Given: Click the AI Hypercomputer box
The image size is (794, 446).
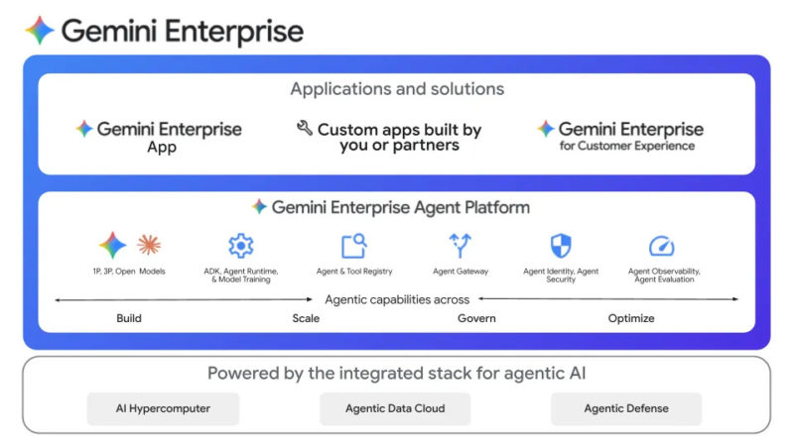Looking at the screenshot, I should [163, 408].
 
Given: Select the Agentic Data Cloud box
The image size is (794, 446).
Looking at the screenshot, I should [395, 408].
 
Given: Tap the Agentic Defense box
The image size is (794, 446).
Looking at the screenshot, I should [626, 408].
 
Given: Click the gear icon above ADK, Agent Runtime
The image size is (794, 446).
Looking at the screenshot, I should [240, 246].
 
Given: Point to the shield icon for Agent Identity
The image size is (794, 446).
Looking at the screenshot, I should [561, 246].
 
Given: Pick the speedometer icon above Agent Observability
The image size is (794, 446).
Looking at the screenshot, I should [661, 246].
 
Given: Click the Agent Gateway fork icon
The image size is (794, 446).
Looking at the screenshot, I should [461, 246].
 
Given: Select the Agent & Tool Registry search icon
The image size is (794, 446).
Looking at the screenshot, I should [353, 246].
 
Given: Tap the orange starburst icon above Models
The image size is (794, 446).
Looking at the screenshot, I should [149, 245].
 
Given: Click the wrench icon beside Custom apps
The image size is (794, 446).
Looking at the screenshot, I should [305, 129].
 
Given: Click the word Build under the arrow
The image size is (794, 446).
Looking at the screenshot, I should [129, 318].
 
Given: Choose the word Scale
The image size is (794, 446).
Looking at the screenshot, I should [306, 318].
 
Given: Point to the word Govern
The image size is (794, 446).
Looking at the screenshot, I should [476, 318].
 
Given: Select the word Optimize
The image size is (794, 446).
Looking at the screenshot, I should [631, 318].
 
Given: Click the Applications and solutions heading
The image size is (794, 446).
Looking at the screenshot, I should [397, 89].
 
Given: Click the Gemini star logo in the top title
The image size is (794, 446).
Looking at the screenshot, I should [40, 31].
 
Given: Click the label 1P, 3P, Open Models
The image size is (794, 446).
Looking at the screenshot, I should [129, 272].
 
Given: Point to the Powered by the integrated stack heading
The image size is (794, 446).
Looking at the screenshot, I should [396, 374].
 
